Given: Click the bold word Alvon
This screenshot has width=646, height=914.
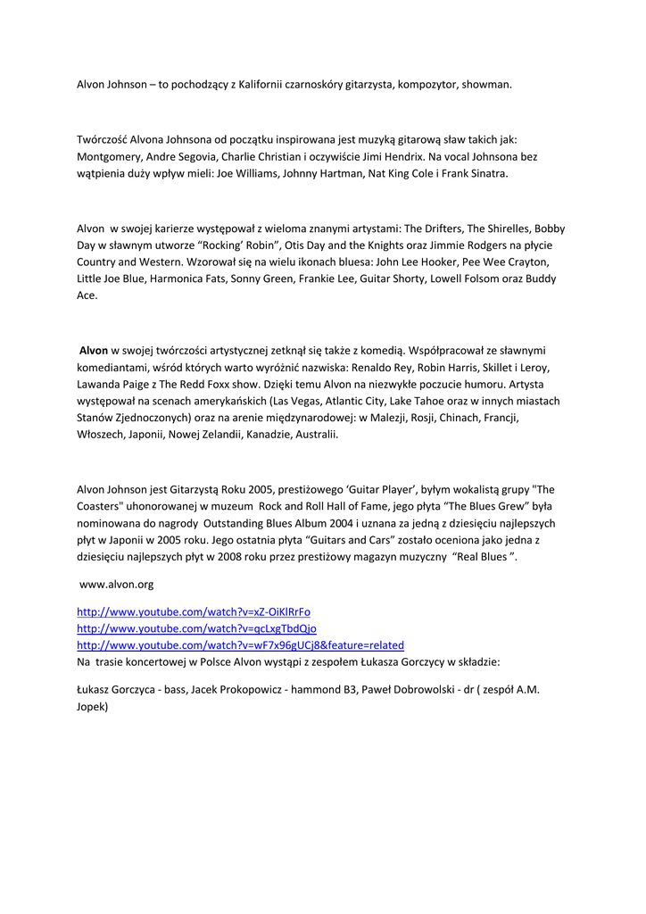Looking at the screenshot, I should [94, 351].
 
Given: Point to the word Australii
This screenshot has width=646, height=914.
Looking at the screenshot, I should [316, 435].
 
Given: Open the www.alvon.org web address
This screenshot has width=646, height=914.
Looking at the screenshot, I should [117, 585].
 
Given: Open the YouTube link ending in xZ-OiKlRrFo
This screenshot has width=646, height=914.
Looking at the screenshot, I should [194, 611].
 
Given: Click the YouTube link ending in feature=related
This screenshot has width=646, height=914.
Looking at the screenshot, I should [240, 644].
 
